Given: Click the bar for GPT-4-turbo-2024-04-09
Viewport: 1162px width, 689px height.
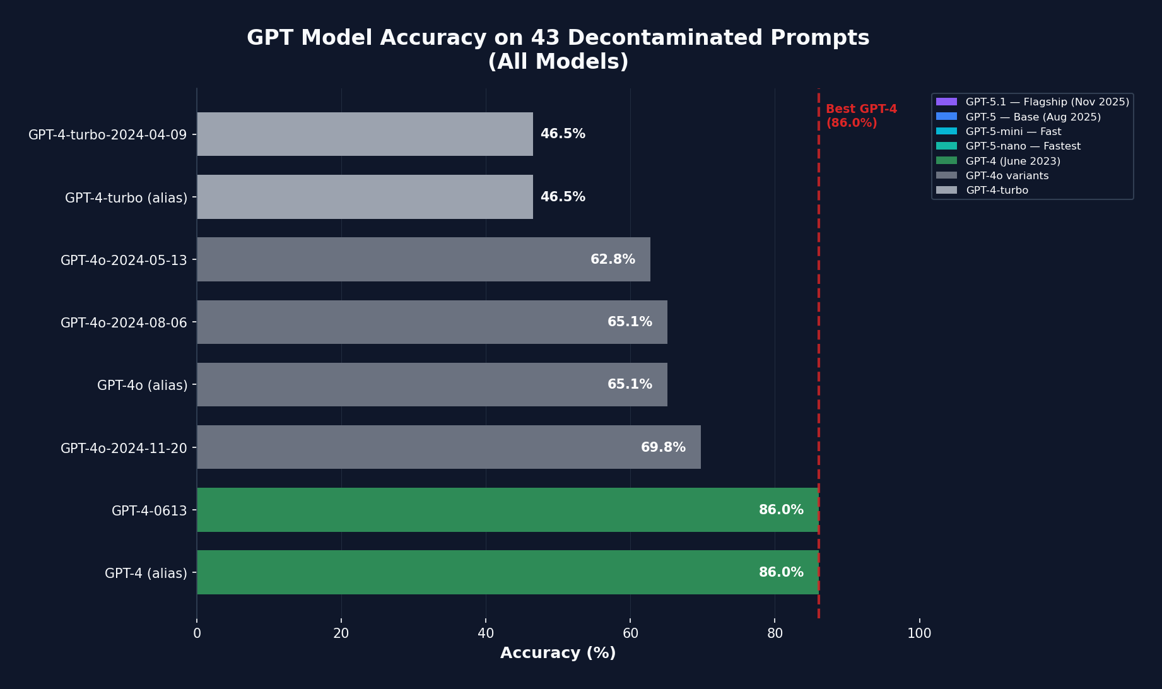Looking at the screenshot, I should point(365,134).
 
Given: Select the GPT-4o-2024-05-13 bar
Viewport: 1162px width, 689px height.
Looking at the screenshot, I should point(423,259).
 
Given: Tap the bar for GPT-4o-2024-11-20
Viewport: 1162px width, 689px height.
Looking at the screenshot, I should point(449,447).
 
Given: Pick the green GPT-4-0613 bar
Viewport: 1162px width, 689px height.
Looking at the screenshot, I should point(507,510).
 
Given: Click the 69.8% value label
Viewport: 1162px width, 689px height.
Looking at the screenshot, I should point(663,447).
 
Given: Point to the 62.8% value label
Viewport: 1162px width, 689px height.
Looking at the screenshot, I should point(613,259).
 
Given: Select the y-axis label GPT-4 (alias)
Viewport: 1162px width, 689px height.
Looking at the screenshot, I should point(146,573).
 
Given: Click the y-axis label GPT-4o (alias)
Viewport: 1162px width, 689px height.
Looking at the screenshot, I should point(142,385).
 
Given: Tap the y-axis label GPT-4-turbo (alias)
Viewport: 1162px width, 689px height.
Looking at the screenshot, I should point(126,197).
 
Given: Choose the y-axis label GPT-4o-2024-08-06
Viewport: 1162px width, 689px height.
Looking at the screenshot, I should point(124,322).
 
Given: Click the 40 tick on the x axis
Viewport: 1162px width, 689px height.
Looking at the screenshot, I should point(486,633).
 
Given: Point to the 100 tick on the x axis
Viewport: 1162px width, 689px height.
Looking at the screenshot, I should point(919,633).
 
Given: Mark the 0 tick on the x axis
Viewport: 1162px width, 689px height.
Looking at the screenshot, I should point(197,633).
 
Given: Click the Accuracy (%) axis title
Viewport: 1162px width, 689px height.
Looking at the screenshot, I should point(558,653).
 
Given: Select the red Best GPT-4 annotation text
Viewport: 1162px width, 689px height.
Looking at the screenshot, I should point(861,116).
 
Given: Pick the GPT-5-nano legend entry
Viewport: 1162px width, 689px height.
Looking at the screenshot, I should point(1023,146).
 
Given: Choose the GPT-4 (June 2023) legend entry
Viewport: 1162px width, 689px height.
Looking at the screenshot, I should point(1012,162).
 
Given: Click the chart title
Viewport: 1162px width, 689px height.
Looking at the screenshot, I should point(558,49).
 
